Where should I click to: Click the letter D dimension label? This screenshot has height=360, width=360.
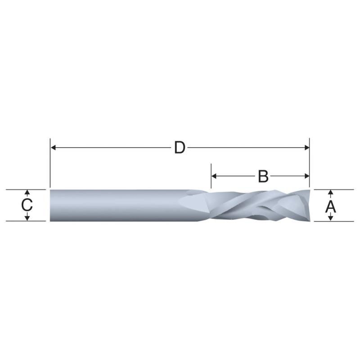180,148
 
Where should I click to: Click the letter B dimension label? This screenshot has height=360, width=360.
263,176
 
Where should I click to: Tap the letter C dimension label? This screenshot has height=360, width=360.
27,205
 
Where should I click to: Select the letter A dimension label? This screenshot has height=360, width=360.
330,207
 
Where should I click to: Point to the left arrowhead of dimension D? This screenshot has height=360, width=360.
53,148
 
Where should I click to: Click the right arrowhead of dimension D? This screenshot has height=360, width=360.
307,148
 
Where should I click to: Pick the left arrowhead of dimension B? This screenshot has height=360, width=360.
214,176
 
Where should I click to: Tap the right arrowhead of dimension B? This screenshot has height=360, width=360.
307,176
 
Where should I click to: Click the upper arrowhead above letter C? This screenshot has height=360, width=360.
27,193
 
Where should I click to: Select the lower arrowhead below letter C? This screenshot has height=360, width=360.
27,218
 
